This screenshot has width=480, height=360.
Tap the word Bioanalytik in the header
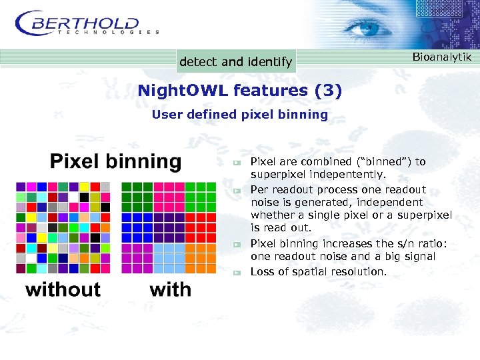point(441,57)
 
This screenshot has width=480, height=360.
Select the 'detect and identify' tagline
point(235,62)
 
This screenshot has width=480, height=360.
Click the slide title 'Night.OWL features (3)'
point(239,90)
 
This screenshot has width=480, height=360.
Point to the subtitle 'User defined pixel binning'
point(240,115)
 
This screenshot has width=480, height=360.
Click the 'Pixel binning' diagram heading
point(115,161)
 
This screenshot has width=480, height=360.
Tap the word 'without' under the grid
point(63,289)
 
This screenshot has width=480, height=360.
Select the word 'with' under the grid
point(170,289)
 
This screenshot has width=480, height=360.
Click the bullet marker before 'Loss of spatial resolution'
point(235,272)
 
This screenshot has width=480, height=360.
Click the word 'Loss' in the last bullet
point(261,272)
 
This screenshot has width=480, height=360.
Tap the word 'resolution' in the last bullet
point(359,272)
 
